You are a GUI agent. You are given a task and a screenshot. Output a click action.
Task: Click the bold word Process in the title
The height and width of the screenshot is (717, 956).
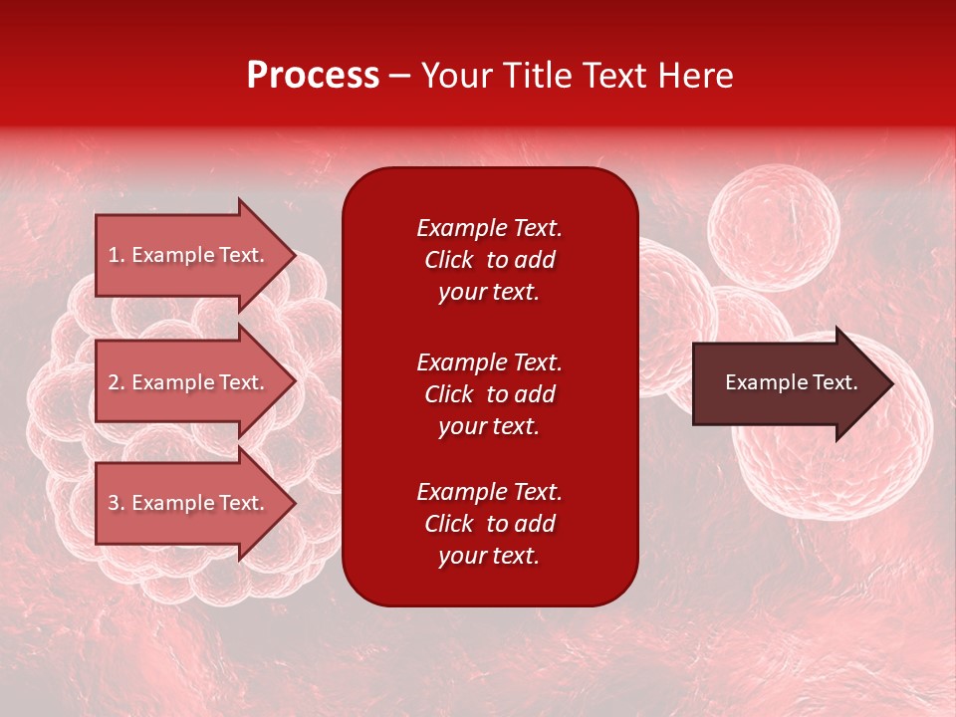[313, 76]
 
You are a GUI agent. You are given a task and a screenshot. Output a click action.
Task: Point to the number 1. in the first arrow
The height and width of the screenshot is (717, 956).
[116, 255]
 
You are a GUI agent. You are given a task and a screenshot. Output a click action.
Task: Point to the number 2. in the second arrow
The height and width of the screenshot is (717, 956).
[116, 382]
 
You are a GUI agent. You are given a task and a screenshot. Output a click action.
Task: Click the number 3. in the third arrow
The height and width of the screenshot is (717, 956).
[116, 503]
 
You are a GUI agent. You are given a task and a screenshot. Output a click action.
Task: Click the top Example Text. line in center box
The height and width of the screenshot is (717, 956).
[489, 228]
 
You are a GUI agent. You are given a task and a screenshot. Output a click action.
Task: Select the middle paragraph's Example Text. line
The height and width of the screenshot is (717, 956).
[489, 361]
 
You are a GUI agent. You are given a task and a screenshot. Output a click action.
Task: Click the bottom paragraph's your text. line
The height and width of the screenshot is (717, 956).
[489, 557]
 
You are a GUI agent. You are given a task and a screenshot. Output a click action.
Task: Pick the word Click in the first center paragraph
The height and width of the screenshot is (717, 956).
[448, 260]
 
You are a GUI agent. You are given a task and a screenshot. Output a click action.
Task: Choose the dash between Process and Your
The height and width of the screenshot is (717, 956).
[399, 76]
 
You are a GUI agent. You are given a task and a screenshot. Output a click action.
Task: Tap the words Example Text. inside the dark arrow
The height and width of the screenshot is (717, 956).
[791, 382]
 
